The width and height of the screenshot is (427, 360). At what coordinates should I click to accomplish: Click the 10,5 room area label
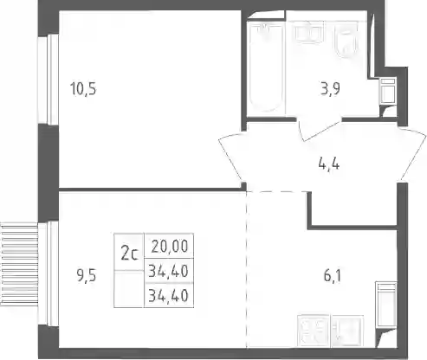(83, 88)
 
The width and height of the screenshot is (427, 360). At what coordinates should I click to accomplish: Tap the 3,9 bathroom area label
(330, 89)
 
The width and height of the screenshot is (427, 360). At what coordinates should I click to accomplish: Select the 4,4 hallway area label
(329, 164)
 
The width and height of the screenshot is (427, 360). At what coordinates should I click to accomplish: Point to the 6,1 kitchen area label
(333, 276)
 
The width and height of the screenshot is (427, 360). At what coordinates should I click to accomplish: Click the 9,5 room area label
(87, 276)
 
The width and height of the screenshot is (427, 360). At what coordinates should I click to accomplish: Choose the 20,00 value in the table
(170, 246)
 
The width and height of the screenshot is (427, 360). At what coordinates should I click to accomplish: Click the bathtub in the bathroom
(265, 67)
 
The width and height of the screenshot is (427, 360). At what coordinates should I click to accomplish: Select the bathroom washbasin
(308, 32)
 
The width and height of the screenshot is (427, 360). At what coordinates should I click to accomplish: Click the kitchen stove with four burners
(314, 331)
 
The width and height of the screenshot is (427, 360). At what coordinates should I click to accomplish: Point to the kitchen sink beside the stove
(347, 331)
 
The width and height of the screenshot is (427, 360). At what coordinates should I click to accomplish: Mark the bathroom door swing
(319, 130)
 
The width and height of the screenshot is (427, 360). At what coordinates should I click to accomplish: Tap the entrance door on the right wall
(412, 155)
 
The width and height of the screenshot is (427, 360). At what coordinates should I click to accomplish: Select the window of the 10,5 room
(49, 80)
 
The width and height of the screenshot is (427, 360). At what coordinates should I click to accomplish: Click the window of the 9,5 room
(49, 273)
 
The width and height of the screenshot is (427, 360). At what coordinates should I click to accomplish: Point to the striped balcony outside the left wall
(19, 264)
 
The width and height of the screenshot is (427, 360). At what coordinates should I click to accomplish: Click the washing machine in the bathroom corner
(387, 91)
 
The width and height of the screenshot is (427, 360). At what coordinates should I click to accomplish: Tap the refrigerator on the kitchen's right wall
(386, 305)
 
